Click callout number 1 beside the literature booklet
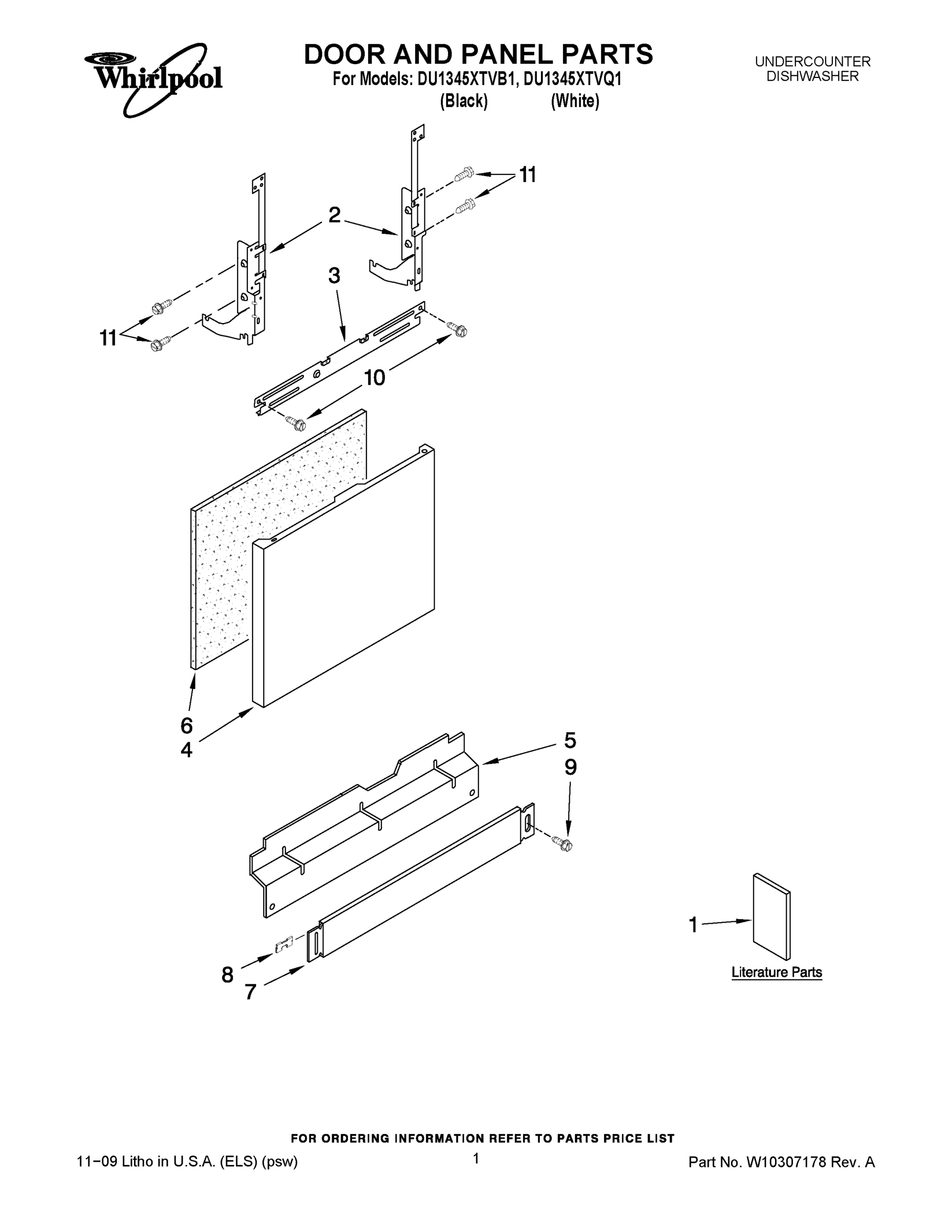pos(693,924)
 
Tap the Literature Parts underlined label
pos(776,972)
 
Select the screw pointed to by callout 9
pos(565,844)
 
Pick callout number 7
pos(251,992)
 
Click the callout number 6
pos(186,725)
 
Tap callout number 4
pos(186,750)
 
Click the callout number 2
pos(335,215)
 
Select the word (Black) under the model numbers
pos(463,102)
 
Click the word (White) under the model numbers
pos(575,102)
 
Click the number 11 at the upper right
pos(528,175)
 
